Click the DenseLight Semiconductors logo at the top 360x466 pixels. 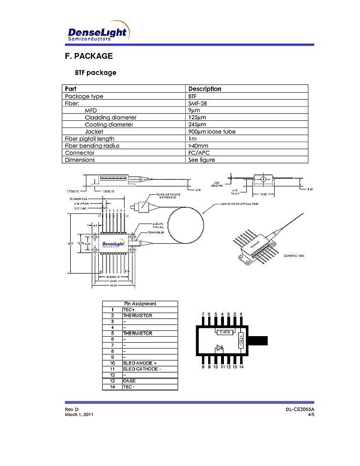[98, 32]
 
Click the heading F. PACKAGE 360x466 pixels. [89, 56]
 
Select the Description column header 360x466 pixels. [205, 89]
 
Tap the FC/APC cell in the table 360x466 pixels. [199, 153]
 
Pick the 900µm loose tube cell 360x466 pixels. [212, 132]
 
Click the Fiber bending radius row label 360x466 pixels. [92, 146]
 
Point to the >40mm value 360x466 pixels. [198, 146]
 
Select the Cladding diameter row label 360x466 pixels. [110, 117]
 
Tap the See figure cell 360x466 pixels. [201, 160]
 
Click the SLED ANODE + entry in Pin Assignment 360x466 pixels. [140, 363]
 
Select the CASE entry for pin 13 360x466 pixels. [129, 381]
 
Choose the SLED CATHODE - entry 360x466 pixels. [142, 369]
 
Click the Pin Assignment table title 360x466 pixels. [140, 304]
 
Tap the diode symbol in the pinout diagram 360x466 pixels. [219, 348]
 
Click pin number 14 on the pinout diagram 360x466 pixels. [242, 367]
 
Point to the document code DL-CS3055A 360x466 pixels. [300, 410]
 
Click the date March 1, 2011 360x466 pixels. [79, 414]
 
